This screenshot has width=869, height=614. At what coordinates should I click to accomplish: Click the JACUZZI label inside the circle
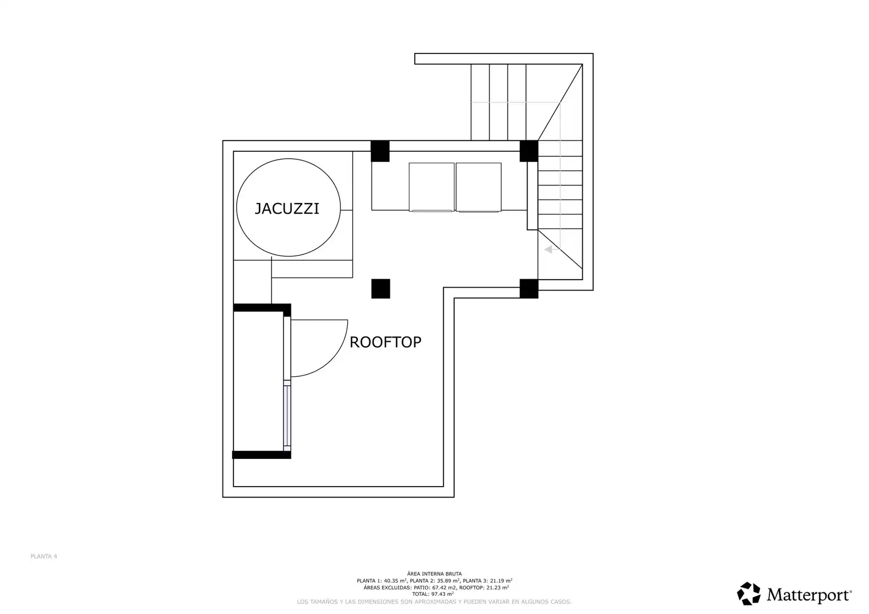287,209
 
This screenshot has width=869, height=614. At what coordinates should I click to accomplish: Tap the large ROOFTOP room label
385,342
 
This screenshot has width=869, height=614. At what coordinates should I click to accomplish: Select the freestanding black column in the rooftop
381,289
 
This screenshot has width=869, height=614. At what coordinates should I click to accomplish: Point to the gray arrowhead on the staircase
548,249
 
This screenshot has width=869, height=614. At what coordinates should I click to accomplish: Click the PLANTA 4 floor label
44,556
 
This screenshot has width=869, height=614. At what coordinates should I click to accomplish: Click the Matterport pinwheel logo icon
749,594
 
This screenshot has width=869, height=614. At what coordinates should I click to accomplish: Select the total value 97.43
439,594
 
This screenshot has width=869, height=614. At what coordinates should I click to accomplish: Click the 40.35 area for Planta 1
392,580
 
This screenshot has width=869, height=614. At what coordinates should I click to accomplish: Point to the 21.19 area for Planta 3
498,580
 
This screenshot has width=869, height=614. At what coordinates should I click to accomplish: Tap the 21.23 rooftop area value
494,587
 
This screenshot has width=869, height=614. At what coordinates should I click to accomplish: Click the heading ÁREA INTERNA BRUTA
435,574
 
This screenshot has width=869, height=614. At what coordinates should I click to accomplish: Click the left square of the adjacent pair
431,187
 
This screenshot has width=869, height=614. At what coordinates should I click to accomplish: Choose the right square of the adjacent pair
479,187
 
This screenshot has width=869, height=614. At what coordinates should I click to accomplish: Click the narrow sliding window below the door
287,416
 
